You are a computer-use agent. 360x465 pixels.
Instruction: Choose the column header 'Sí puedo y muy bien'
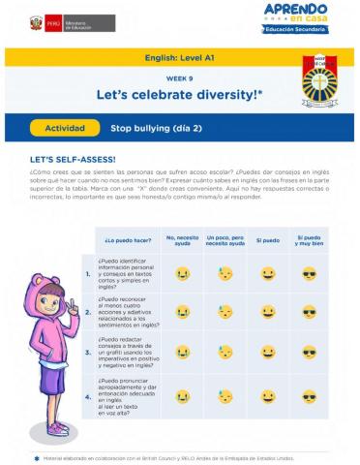pyautogui.click(x=309, y=238)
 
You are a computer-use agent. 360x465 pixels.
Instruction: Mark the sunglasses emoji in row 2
pyautogui.click(x=309, y=312)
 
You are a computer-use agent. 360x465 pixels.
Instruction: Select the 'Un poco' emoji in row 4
pyautogui.click(x=225, y=396)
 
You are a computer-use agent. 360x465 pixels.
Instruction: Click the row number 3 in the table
pyautogui.click(x=87, y=354)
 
